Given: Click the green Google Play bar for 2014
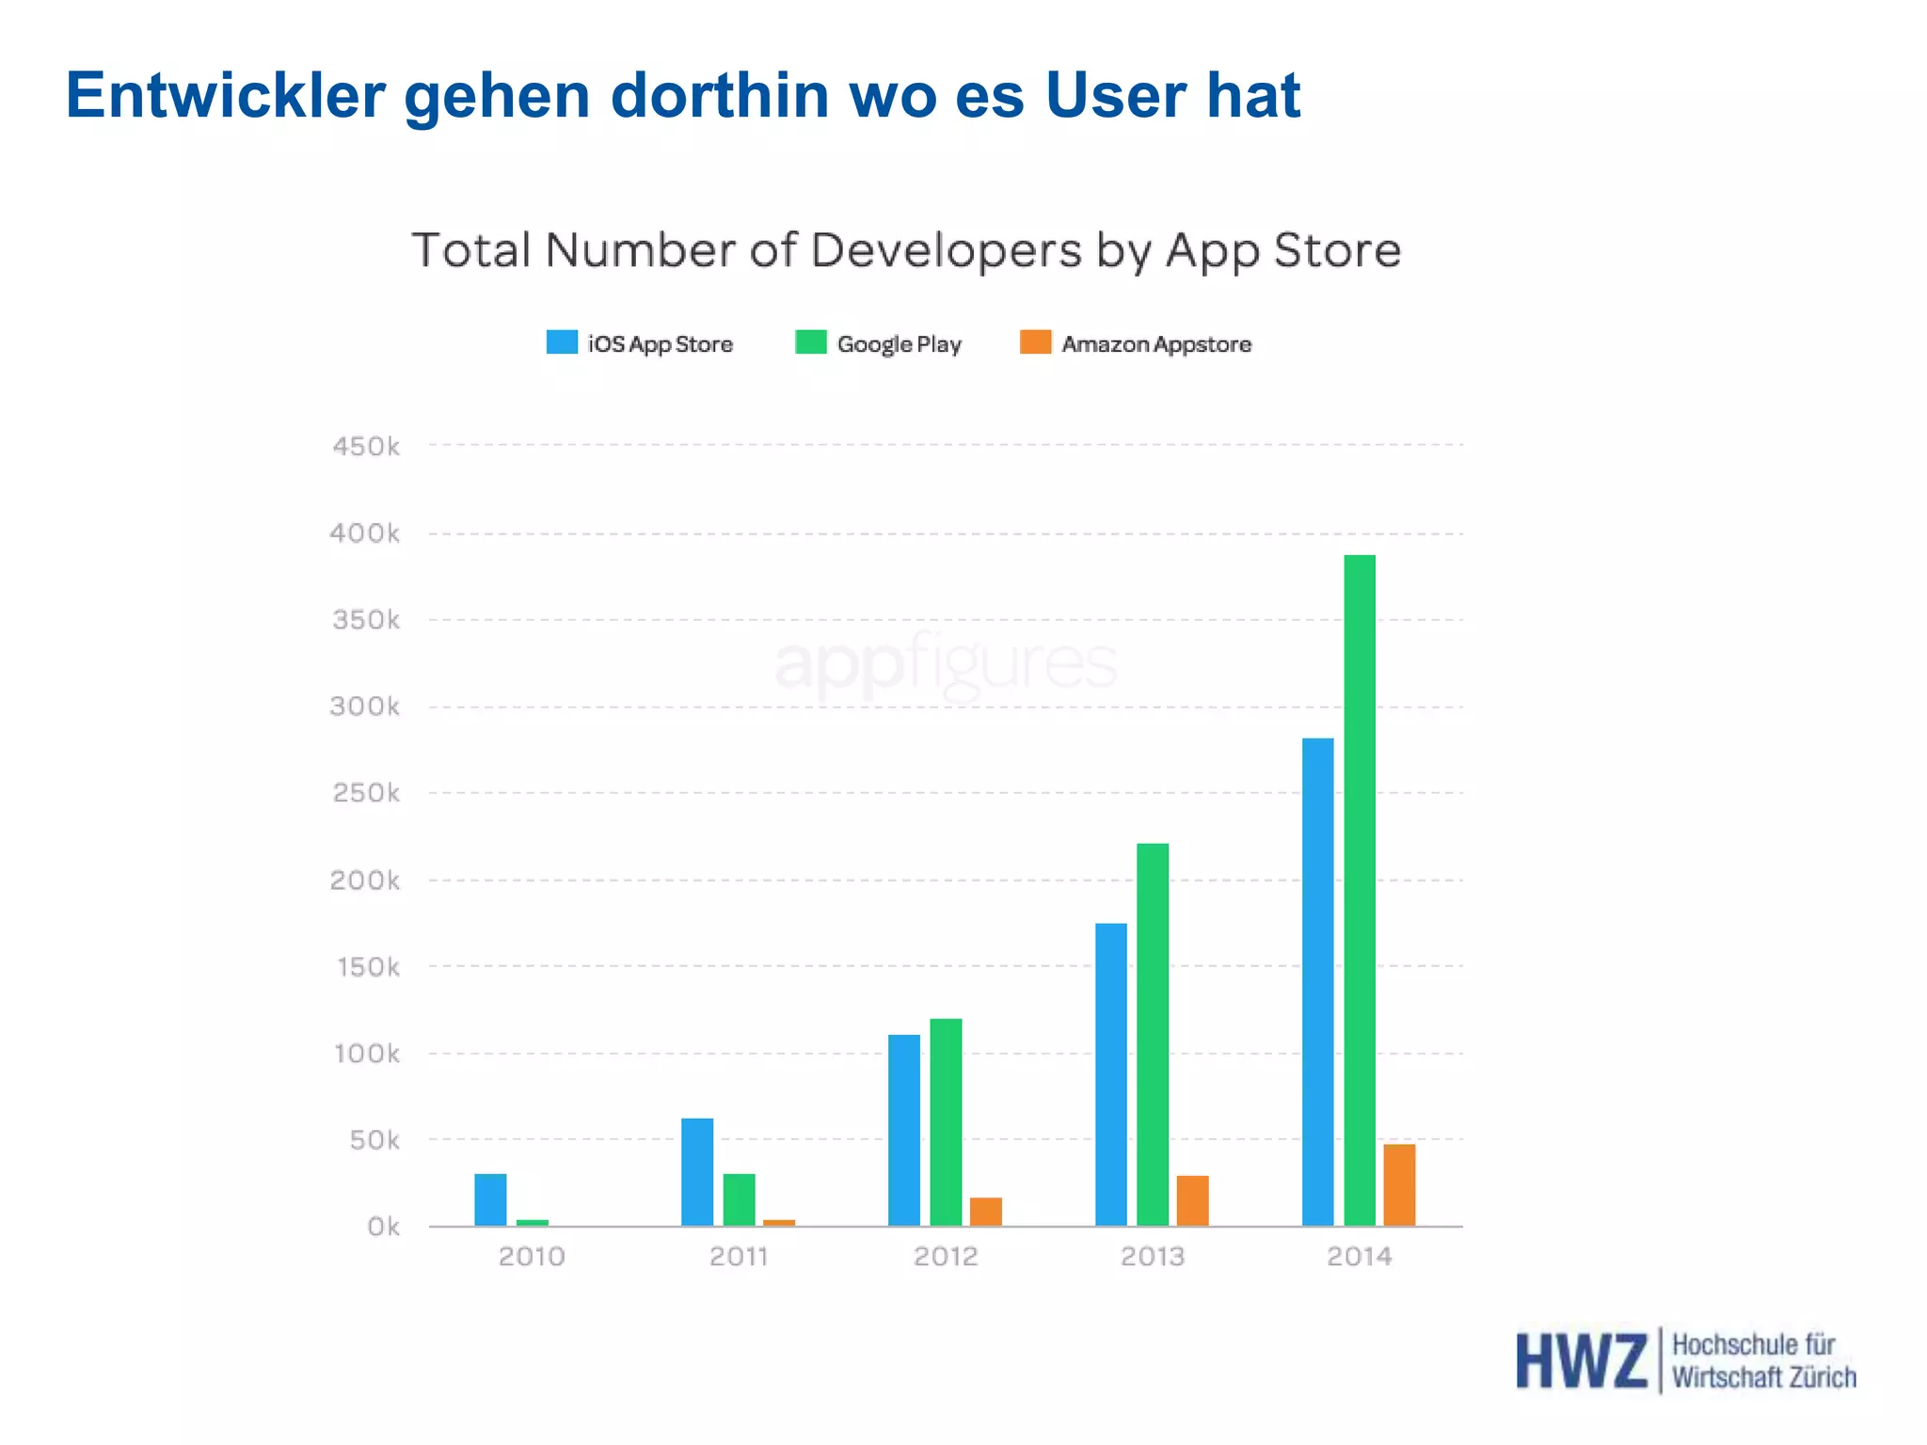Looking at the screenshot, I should pos(1359,889).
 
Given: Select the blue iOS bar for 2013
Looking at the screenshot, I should pos(1110,1073).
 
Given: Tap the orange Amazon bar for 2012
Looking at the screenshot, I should pos(985,1211).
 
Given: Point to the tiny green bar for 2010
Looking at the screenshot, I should pos(532,1222).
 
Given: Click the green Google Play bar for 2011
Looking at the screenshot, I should pos(739,1199).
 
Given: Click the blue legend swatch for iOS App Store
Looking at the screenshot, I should pos(562,342).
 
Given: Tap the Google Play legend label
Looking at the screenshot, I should pos(899,344).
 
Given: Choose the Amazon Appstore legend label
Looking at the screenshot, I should pos(1156,344).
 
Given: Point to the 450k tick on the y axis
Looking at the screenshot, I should pos(366,446).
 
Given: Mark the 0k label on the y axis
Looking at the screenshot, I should pos(383,1227).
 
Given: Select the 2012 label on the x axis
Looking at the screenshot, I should pos(946,1256).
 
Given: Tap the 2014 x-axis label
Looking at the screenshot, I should pos(1359,1256).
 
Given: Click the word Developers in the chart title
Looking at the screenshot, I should pos(946,251).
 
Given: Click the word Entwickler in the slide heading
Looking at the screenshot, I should pos(226,96).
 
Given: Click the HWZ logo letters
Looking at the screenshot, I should pos(1581,1360).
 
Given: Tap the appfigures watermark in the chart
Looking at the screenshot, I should pos(946,663).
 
